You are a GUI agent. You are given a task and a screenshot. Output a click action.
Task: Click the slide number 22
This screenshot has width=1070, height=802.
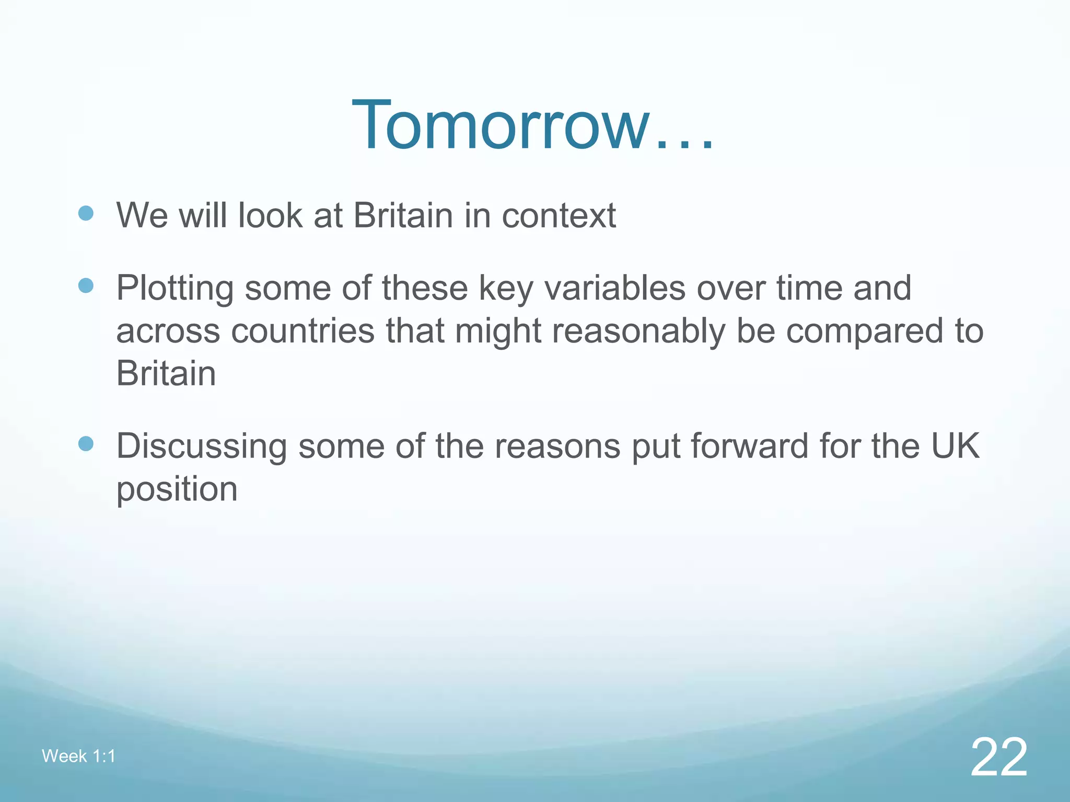[x=998, y=757]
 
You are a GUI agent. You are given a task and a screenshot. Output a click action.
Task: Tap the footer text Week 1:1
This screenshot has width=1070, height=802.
[x=78, y=756]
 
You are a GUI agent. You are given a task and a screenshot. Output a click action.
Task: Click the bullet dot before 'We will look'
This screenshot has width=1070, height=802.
[x=86, y=213]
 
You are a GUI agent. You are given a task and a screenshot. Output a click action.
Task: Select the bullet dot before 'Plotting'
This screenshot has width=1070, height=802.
[x=86, y=286]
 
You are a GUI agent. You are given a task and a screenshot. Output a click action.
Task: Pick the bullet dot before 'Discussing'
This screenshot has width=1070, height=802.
[x=86, y=444]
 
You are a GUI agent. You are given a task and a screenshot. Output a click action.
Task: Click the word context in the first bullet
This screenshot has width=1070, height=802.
[x=559, y=215]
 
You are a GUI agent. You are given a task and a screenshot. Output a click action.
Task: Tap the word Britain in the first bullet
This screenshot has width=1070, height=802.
[x=403, y=215]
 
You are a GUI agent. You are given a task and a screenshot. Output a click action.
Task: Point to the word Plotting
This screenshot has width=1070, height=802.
[x=175, y=288]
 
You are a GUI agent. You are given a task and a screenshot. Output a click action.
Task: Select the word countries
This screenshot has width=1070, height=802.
[x=303, y=331]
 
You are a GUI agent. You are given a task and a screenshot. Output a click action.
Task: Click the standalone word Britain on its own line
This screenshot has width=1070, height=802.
[x=166, y=373]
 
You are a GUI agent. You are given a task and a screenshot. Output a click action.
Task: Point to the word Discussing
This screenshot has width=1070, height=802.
[x=202, y=447]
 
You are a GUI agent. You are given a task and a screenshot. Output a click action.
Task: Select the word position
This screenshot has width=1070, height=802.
[x=177, y=490]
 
